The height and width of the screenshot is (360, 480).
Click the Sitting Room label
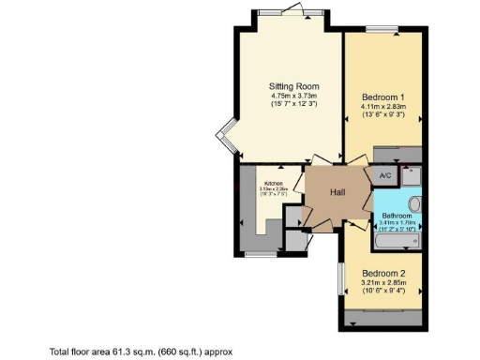pyautogui.click(x=288, y=84)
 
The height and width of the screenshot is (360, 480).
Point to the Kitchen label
pyautogui.click(x=273, y=183)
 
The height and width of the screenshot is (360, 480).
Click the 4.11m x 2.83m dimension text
pyautogui.click(x=382, y=107)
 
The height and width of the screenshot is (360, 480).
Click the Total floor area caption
pyautogui.click(x=141, y=351)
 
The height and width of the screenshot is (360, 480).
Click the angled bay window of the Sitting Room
pyautogui.click(x=224, y=139)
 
